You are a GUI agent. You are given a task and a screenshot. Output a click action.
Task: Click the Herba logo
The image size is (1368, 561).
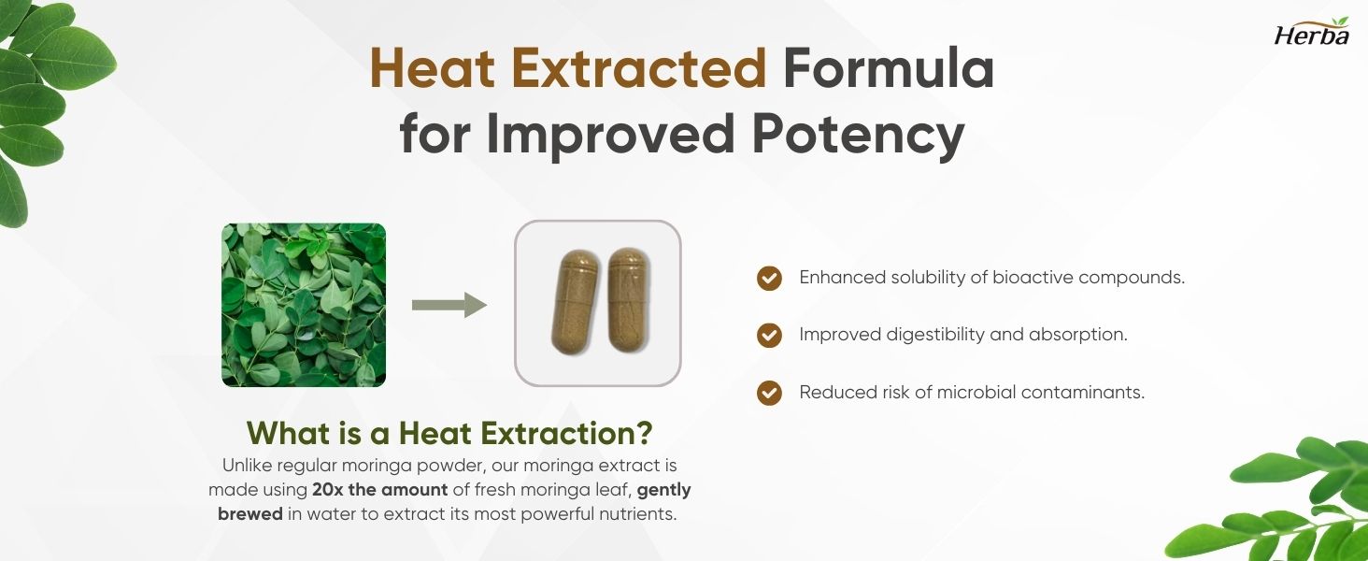pos(1312,33)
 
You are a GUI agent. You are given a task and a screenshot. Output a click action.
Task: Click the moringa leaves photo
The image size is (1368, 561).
pos(304,305)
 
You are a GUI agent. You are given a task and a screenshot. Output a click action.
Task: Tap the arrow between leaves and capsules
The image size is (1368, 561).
pos(449,305)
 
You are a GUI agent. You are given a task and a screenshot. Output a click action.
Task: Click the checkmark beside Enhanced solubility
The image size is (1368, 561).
pos(769,278)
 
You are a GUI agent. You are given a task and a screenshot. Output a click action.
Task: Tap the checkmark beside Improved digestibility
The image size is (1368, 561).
pos(769,335)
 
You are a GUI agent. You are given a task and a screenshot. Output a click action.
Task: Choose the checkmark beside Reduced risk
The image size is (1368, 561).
pos(769,393)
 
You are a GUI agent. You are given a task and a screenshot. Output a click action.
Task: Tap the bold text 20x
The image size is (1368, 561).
pos(327,490)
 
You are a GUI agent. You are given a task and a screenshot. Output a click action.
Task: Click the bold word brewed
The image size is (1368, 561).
pos(250,514)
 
